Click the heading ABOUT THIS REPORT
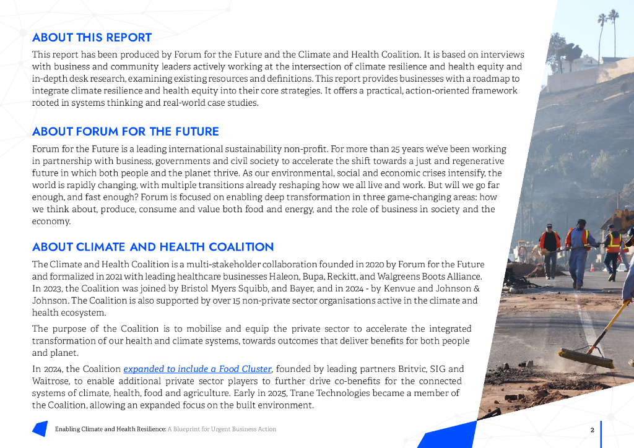click(92, 38)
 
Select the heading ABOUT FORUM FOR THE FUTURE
click(126, 132)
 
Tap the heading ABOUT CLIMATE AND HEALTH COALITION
click(153, 248)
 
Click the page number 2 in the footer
click(593, 429)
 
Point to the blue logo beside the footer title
click(40, 428)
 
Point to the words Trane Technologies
click(339, 394)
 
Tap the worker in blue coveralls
click(578, 251)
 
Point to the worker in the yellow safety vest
click(612, 251)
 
